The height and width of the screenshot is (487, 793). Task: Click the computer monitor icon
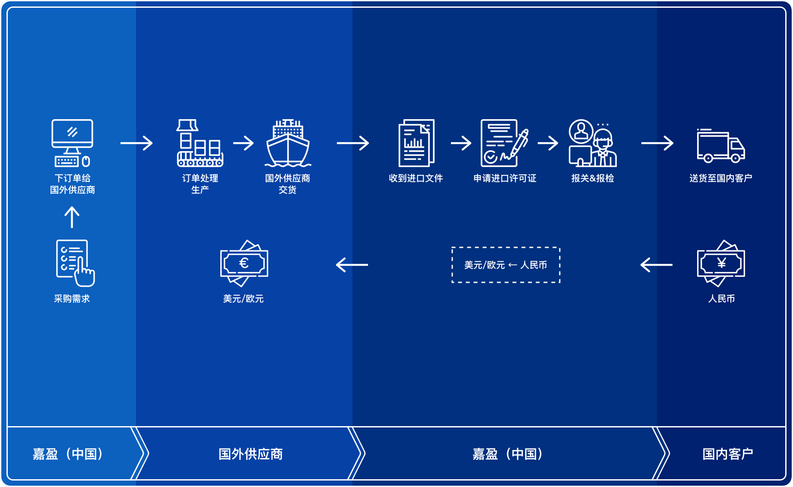coord(72,142)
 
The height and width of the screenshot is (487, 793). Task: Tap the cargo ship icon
coord(288,143)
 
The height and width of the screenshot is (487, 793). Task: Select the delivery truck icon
coord(720,146)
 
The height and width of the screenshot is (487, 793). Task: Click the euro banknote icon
coord(244,263)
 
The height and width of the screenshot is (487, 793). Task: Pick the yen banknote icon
coord(721,263)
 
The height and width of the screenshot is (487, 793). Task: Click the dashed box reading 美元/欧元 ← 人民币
coord(506,265)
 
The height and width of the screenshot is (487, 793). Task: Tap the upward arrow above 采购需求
coord(72,217)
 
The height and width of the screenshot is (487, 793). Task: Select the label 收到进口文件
coord(416,178)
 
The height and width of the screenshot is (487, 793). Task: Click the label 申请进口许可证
coord(505,178)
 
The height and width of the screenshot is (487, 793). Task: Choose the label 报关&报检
coord(593,178)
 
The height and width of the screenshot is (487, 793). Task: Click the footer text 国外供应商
coord(251,454)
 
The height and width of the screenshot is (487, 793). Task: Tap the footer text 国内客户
coord(728,454)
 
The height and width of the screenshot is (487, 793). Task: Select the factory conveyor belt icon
coord(200,143)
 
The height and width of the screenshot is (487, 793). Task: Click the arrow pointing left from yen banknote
coord(657,265)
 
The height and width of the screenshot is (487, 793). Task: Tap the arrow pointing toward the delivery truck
coord(657,143)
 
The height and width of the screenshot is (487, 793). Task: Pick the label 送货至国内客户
coord(721,178)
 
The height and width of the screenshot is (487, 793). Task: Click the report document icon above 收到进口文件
coord(416,143)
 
